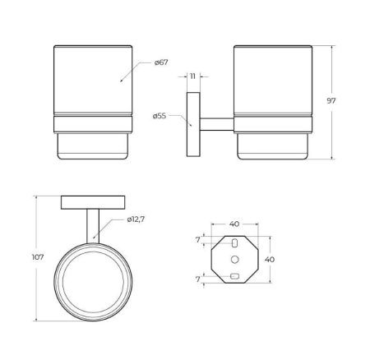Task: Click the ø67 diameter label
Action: coord(161,62)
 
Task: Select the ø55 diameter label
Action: coord(160,116)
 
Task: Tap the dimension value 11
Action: coord(193,76)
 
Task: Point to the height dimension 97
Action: coord(331,101)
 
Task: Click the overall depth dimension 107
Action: coord(38,257)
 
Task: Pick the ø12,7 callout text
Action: coord(136,219)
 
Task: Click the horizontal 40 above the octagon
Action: coord(234,224)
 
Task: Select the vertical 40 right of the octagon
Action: coord(270,259)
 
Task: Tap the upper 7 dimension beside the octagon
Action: coord(198,240)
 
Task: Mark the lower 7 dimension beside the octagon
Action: coord(198,279)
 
